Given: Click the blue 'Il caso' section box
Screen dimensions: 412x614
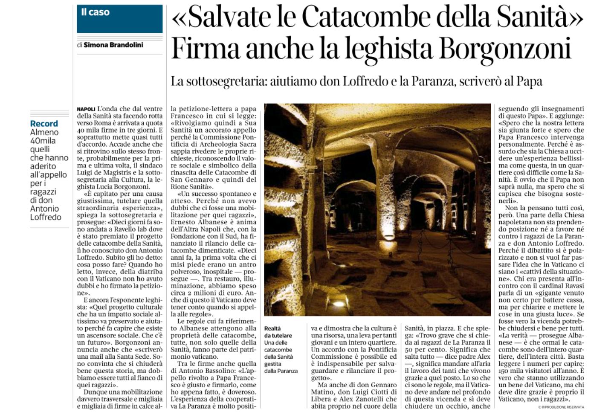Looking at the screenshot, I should tap(120, 19).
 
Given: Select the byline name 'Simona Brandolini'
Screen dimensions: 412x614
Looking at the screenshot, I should tap(113, 45).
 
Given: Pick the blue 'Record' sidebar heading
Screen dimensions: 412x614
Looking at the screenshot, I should tap(44, 124).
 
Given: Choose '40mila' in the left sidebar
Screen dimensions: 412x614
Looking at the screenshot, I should tap(43, 141).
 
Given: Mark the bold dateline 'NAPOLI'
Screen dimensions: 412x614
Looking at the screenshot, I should tap(87, 109).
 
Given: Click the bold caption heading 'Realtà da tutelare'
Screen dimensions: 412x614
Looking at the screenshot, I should tap(278, 332).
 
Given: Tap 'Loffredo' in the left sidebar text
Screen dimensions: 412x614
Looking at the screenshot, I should tap(46, 217).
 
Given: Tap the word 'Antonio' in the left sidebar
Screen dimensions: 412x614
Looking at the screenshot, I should tap(44, 209).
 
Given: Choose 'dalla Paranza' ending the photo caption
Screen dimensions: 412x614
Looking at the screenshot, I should tap(281, 371).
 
